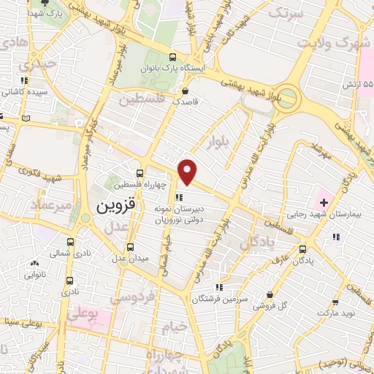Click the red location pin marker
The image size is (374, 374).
[188, 171]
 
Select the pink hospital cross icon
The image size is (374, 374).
[324, 200]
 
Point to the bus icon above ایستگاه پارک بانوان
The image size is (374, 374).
[172, 56]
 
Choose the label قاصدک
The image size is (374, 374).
[186, 103]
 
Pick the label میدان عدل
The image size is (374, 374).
[129, 258]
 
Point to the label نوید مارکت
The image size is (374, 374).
[335, 313]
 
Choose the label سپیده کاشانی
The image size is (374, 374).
[25, 92]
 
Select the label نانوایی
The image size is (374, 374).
[34, 275]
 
